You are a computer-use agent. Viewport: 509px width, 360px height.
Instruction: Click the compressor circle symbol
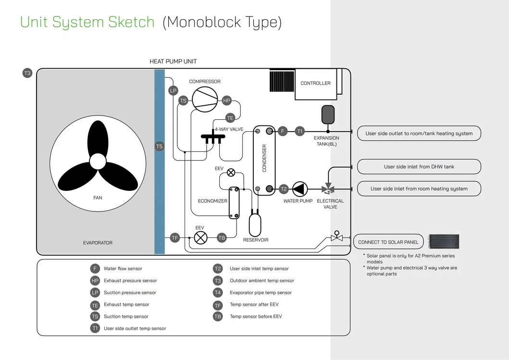click(205, 99)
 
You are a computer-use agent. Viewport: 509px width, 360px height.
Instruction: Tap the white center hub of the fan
click(98, 161)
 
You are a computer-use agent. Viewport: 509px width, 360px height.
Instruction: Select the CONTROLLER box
click(315, 84)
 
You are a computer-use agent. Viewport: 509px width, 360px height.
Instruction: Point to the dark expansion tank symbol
click(328, 114)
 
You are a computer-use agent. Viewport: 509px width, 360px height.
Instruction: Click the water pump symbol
click(300, 189)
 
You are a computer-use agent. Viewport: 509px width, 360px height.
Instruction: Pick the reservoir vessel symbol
click(255, 224)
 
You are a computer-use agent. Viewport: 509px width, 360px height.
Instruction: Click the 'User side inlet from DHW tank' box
click(419, 167)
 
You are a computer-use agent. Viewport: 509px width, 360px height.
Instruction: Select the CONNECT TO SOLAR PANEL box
click(388, 242)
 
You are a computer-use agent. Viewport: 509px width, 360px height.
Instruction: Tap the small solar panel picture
click(444, 241)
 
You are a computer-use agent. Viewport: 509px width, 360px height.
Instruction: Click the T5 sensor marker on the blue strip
click(159, 147)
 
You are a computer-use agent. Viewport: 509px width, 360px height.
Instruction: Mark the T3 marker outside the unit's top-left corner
click(27, 73)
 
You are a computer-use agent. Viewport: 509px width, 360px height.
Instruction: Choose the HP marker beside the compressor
click(227, 100)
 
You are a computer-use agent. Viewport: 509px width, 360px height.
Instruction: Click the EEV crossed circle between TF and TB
click(200, 237)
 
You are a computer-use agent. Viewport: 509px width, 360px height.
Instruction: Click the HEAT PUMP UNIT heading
click(173, 62)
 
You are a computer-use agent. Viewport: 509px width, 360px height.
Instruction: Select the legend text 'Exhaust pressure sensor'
click(130, 281)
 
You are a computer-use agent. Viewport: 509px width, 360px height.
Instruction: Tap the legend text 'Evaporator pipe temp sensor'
click(261, 293)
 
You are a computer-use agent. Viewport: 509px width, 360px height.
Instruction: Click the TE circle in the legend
click(95, 305)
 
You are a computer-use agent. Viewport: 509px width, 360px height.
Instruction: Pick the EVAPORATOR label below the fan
click(98, 243)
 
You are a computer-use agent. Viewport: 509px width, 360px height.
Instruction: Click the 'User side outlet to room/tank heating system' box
click(419, 134)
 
